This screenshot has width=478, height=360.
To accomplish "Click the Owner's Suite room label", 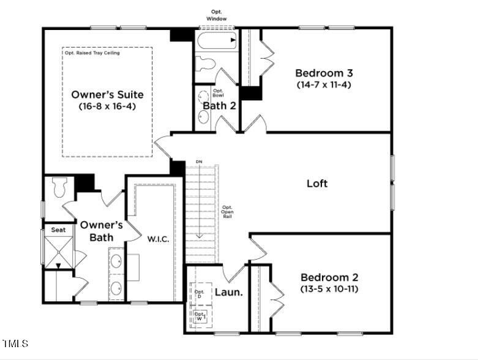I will coord(107,95).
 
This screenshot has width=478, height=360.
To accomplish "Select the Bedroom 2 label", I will coord(329,277).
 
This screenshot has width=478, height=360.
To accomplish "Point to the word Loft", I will coord(317,183).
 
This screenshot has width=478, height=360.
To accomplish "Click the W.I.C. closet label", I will coord(158,238).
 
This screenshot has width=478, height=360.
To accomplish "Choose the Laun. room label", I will coord(228,293).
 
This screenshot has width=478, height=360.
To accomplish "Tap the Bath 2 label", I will coord(219,106).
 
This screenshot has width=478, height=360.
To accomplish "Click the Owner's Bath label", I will coord(102,231).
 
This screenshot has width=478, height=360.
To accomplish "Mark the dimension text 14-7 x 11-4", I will coord(323,84).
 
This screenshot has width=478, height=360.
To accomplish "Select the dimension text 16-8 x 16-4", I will coord(107,106).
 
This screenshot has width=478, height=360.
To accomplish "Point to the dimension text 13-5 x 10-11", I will coord(329,288).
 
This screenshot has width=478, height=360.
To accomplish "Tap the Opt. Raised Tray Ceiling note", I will coord(92,53).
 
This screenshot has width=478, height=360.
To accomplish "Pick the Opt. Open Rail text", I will coord(227,212).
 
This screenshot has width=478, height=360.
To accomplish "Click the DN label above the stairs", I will coord(199,162).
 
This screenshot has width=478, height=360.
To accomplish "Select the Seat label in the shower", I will coord(58,230).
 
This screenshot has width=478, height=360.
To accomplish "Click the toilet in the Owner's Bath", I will coord(60,187).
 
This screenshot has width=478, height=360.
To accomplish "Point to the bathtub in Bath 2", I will coord(216,41).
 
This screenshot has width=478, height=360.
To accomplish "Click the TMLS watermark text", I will coord(15,343).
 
